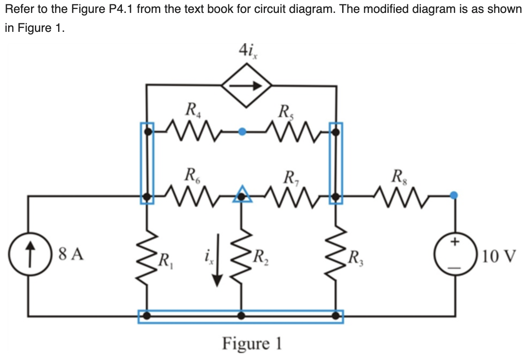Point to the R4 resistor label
tap(190, 109)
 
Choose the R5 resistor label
tap(285, 112)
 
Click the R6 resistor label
tap(190, 175)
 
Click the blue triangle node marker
tap(243, 195)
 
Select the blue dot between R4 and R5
tap(243, 132)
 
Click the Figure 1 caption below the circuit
tap(252, 344)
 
